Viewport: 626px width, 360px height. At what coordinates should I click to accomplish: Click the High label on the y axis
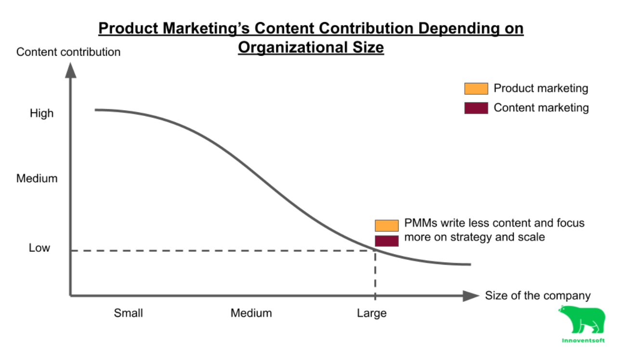coord(41,114)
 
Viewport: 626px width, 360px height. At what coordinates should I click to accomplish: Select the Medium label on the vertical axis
coord(37,179)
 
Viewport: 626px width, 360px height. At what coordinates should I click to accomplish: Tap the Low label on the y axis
coord(39,248)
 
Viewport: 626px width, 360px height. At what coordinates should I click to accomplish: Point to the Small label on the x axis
coord(128,313)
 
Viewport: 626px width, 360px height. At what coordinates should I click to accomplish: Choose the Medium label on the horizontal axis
coord(251,313)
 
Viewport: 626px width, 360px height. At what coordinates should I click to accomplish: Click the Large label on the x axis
coord(371,313)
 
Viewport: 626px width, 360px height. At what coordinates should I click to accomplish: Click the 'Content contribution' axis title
coord(68,52)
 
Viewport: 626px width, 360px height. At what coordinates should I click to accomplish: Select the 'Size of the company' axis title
coord(537,296)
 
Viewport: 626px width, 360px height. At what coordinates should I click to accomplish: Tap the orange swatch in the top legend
coord(476,89)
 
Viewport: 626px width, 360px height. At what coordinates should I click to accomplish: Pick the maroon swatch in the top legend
coord(476,108)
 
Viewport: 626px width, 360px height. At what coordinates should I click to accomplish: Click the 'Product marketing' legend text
coord(541,89)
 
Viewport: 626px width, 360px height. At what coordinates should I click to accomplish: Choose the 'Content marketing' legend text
coord(541,108)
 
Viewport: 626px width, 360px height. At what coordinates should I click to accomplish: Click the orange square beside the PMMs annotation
coord(387,225)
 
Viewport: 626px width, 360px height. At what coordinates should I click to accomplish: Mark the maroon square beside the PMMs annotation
coord(387,241)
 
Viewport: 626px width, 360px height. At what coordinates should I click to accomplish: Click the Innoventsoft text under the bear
coord(583,340)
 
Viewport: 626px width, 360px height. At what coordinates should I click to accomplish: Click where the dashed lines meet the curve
coord(375,250)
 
